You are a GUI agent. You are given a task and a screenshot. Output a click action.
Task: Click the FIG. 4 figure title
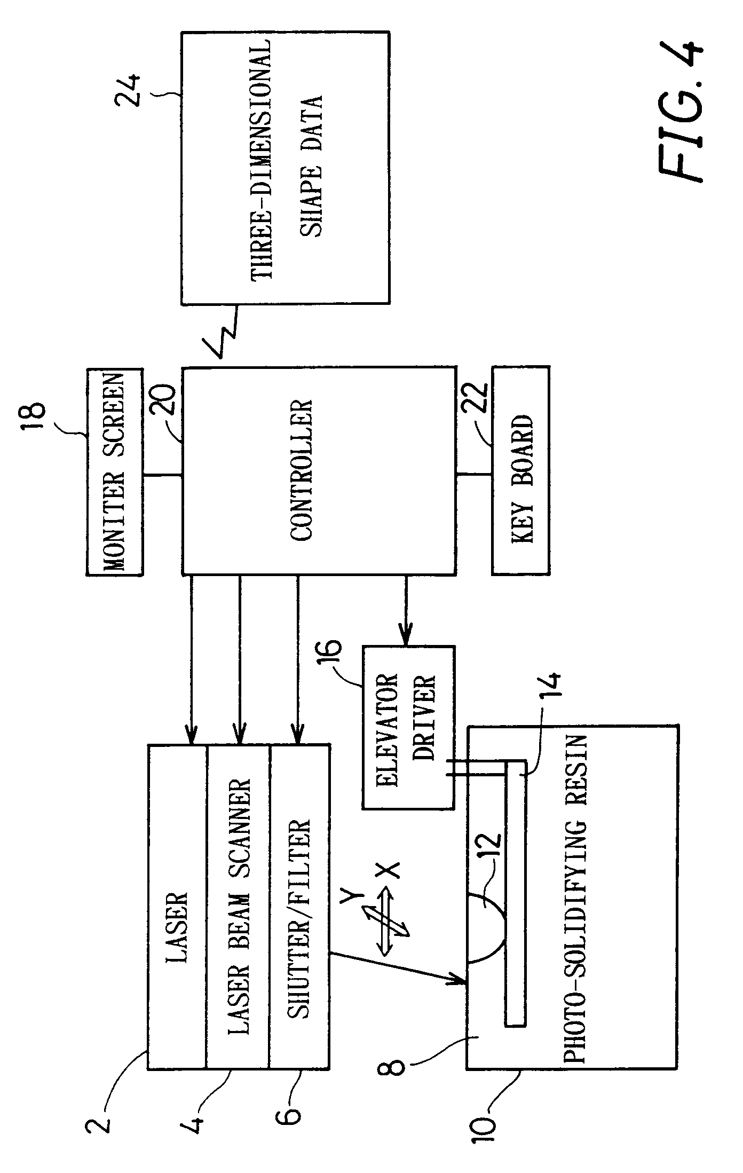(x=681, y=112)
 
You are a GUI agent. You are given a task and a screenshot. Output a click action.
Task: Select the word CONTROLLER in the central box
(x=301, y=470)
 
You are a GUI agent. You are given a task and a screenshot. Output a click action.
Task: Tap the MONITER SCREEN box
(x=114, y=472)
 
